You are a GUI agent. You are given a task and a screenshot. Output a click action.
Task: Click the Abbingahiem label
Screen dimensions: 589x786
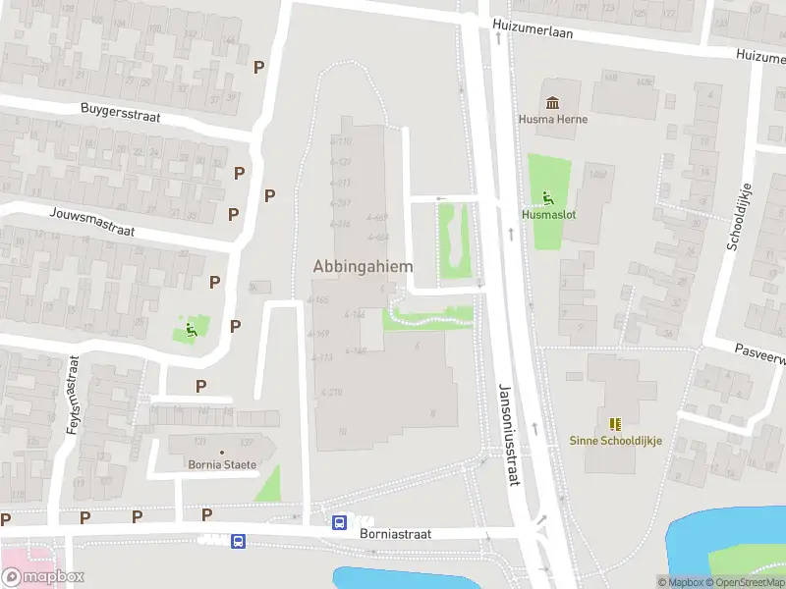[x=362, y=266]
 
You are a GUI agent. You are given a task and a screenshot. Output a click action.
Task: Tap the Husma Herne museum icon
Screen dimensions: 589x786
[x=553, y=102]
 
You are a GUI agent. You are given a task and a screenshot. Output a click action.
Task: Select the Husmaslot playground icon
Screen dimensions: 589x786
[x=547, y=195]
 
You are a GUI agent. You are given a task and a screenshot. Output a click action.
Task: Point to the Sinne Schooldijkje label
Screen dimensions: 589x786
[x=616, y=441]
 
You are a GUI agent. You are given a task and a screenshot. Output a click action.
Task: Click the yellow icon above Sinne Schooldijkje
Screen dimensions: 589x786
[x=616, y=424]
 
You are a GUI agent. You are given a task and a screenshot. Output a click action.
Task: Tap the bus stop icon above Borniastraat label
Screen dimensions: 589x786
[x=339, y=523]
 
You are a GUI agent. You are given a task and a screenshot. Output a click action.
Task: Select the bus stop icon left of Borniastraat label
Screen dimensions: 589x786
[x=238, y=541]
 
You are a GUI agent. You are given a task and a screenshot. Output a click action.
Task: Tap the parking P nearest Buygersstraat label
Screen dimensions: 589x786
[x=258, y=67]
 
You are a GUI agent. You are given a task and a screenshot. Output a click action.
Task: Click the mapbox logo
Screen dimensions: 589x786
[x=42, y=577]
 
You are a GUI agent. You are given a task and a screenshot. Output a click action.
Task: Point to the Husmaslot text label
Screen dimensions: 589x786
[x=547, y=213]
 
